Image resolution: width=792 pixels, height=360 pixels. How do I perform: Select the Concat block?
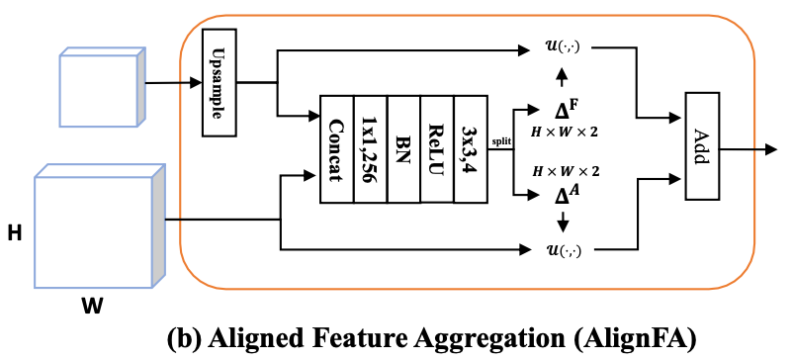[336, 148]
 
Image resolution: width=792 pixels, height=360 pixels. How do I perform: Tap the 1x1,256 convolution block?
[370, 148]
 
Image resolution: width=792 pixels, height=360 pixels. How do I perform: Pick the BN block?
[403, 148]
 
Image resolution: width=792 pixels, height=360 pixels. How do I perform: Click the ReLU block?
[436, 148]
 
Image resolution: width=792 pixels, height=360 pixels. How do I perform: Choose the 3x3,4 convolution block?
[469, 148]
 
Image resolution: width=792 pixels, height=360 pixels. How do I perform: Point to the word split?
[501, 141]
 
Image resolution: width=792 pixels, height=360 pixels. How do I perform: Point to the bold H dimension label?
[15, 233]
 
